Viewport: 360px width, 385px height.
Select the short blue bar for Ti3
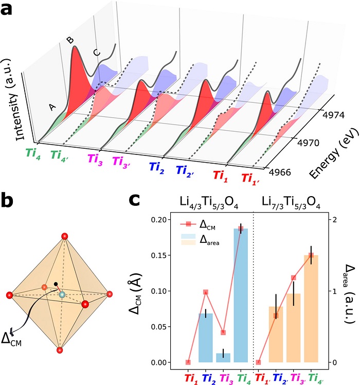[x=223, y=357]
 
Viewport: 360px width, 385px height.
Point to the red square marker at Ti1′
[x=258, y=362]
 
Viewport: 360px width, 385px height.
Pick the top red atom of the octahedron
[x=64, y=236]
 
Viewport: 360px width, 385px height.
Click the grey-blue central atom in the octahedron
[x=62, y=294]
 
